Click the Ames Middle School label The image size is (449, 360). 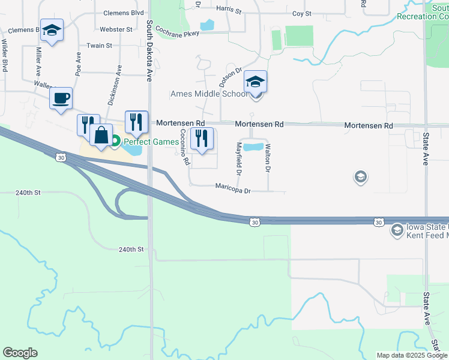pyautogui.click(x=209, y=94)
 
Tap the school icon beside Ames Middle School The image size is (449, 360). pyautogui.click(x=255, y=82)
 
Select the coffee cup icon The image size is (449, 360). pyautogui.click(x=61, y=98)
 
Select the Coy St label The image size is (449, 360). pyautogui.click(x=301, y=13)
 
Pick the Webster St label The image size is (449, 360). pyautogui.click(x=116, y=29)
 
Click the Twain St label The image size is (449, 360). pyautogui.click(x=100, y=46)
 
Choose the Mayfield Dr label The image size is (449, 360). pyautogui.click(x=238, y=159)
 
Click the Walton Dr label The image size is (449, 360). pyautogui.click(x=268, y=158)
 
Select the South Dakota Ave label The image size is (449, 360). pyautogui.click(x=148, y=51)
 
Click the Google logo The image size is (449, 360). pyautogui.click(x=20, y=353)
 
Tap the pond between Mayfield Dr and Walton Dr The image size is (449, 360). pyautogui.click(x=253, y=147)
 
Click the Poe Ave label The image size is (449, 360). pyautogui.click(x=78, y=62)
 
